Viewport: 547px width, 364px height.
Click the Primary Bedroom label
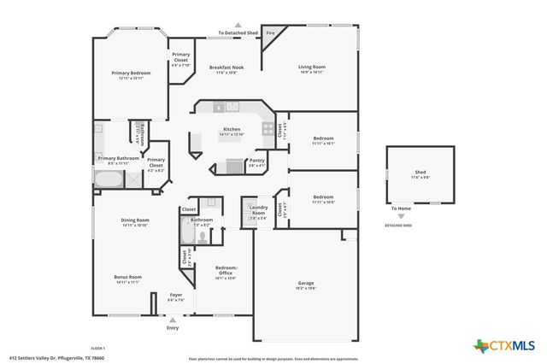pos(132,73)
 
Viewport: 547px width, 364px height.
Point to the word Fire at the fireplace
pos(270,32)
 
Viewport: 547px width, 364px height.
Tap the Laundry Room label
pos(258,212)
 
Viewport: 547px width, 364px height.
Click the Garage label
pos(306,282)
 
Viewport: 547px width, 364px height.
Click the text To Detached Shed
pos(238,32)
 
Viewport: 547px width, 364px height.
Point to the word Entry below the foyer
pos(174,327)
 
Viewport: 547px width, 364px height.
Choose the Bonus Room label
pos(128,277)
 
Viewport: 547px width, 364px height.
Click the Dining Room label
pos(135,220)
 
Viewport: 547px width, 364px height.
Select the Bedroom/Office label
pos(226,270)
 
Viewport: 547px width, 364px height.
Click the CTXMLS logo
pos(504,344)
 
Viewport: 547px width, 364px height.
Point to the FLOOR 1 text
pos(97,348)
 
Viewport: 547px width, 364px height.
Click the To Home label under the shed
pos(400,208)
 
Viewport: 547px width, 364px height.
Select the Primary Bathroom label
pos(118,158)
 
